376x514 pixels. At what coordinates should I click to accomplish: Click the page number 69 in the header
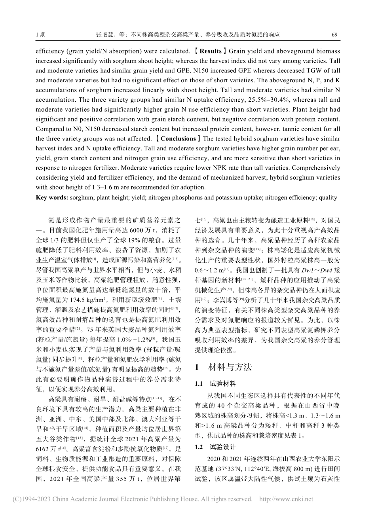[334, 34]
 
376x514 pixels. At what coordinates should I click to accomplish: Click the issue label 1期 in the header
[40, 34]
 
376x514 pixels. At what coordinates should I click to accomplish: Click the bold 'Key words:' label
[50, 197]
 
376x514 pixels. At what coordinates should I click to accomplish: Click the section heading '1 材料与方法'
[224, 367]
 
